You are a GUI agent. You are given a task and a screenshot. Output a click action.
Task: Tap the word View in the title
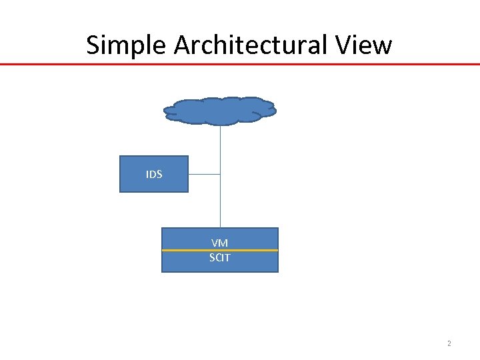click(367, 45)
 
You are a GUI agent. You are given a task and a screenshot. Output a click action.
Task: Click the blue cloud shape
click(220, 111)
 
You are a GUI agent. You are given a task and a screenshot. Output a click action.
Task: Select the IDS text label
click(154, 174)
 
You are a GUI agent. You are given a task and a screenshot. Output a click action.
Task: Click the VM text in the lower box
click(220, 243)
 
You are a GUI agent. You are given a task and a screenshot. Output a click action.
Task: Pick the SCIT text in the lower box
click(220, 257)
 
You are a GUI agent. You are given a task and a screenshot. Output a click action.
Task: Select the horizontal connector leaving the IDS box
click(204, 174)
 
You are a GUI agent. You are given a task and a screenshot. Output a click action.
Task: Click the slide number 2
click(449, 344)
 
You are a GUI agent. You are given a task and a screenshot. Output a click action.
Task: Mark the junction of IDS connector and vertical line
click(220, 174)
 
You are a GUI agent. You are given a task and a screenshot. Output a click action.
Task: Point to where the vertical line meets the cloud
click(220, 125)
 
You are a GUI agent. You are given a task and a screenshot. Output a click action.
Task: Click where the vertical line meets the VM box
click(220, 228)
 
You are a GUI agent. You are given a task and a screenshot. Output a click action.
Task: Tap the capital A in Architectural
click(182, 45)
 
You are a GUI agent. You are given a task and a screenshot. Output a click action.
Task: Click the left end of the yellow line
click(163, 250)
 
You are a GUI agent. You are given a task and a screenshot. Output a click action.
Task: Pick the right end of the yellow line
click(277, 250)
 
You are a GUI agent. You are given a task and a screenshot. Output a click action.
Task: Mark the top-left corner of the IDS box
click(120, 156)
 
